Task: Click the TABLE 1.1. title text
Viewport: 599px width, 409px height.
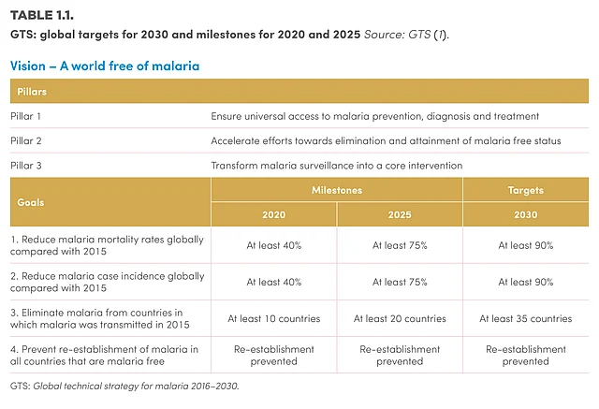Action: coord(42,15)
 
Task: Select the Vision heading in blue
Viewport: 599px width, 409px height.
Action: coord(105,66)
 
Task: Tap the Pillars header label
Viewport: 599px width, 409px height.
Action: coord(32,92)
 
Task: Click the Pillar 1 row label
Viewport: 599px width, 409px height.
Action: coord(25,116)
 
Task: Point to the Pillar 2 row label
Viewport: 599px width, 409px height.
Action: coord(26,141)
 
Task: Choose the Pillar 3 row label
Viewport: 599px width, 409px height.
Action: coord(26,166)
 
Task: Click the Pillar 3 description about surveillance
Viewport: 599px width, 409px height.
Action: coord(337,166)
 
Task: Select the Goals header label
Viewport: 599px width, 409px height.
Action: coord(31,202)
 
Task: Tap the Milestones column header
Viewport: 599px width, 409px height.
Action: coord(337,190)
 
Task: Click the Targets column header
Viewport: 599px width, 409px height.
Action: coord(526,190)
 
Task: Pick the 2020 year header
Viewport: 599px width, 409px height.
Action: coord(274,214)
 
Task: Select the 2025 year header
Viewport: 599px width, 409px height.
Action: coord(400,214)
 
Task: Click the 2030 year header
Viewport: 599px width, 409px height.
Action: coord(526,214)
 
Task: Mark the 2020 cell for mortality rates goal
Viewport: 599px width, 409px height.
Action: coord(274,245)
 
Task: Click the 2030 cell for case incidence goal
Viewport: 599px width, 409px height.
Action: coord(526,282)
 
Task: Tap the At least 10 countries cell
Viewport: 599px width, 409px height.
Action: coord(274,318)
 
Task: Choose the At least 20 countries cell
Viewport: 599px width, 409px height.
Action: coord(400,318)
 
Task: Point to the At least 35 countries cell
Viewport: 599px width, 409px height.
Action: coord(526,318)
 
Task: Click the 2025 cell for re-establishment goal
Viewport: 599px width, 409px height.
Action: coord(400,355)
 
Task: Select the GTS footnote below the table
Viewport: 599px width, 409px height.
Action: coord(124,386)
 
